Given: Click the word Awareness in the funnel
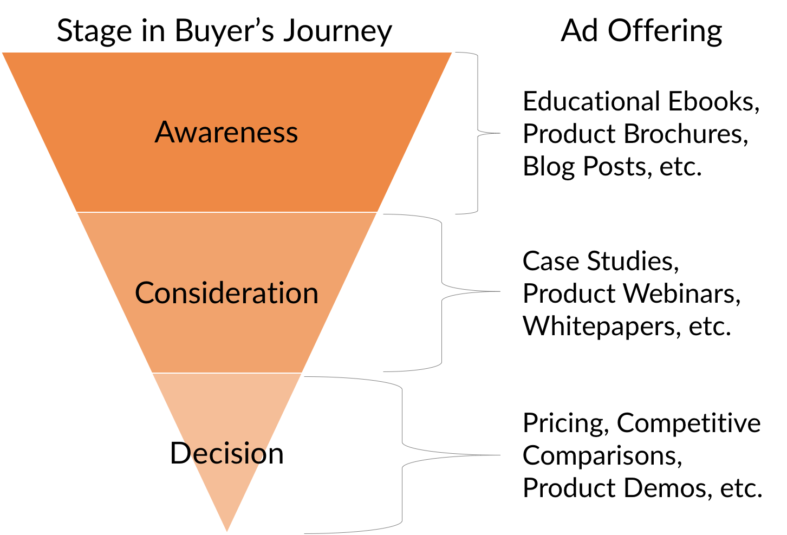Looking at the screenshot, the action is click(x=226, y=132).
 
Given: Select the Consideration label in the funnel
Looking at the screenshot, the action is click(x=226, y=292).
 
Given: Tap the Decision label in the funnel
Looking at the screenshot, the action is click(x=226, y=453).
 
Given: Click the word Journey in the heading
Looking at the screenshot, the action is click(x=337, y=32).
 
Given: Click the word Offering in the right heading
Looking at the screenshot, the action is click(x=665, y=32).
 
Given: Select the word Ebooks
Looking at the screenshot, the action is click(x=713, y=101).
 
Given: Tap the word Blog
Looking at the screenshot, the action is click(x=549, y=167).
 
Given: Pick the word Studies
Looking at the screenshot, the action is click(x=633, y=261).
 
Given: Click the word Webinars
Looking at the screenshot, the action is click(x=681, y=293).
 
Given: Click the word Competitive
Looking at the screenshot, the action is click(x=688, y=423).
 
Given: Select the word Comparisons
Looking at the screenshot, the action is click(x=602, y=456).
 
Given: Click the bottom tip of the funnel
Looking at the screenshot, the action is click(x=227, y=531).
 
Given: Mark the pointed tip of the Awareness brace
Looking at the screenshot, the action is click(x=499, y=133).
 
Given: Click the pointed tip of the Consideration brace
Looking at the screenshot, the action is click(x=499, y=291).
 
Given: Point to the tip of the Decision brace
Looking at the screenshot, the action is click(x=499, y=455).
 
